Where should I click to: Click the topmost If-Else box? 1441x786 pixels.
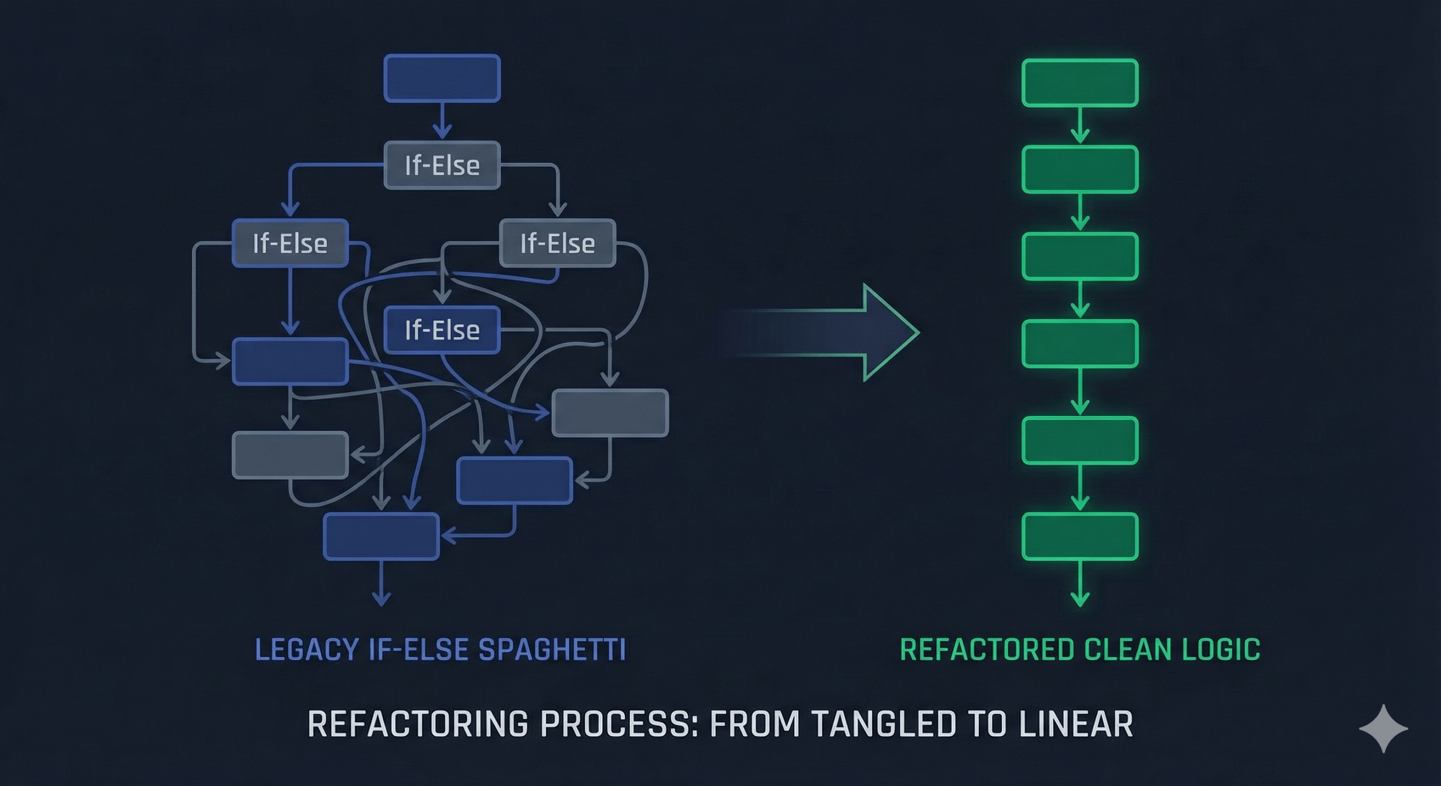[442, 165]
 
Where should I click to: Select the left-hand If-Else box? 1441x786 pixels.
[290, 243]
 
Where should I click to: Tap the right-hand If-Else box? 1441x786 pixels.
[557, 243]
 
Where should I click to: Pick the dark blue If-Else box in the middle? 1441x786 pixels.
[442, 330]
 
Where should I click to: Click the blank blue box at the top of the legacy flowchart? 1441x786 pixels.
[442, 78]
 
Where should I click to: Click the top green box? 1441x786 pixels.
[1080, 83]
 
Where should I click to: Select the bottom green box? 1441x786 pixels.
[1080, 536]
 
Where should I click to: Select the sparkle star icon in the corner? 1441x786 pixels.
[1384, 728]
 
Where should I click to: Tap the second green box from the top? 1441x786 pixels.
[1080, 169]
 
